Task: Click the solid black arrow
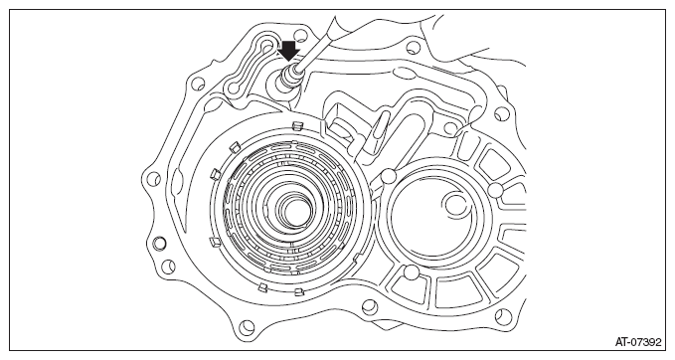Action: coord(288,51)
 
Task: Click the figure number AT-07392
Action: coord(638,342)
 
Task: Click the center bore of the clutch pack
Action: coord(294,212)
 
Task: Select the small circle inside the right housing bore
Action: coord(456,203)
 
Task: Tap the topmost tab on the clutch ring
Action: coord(296,125)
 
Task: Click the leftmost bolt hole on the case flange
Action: coord(153,179)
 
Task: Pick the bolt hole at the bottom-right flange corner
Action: coord(501,315)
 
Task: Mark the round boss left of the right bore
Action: coord(388,176)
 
